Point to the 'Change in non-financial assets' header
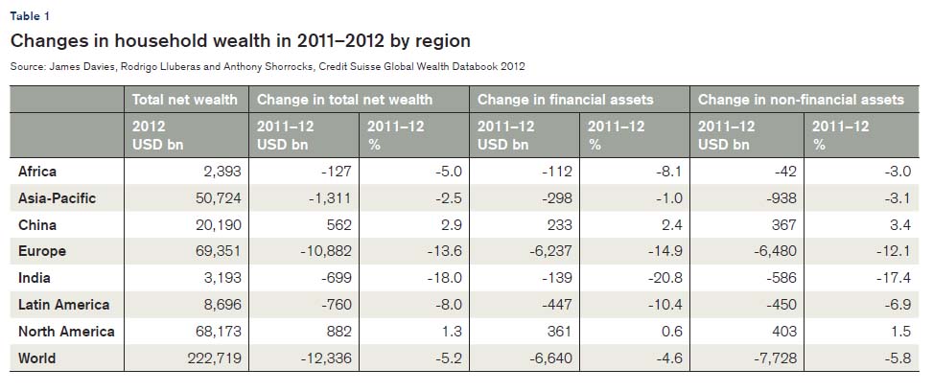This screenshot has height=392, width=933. (x=800, y=99)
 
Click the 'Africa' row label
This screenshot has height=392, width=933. (x=37, y=172)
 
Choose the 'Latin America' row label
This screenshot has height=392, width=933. (x=64, y=305)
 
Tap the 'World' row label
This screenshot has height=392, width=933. (x=37, y=358)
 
